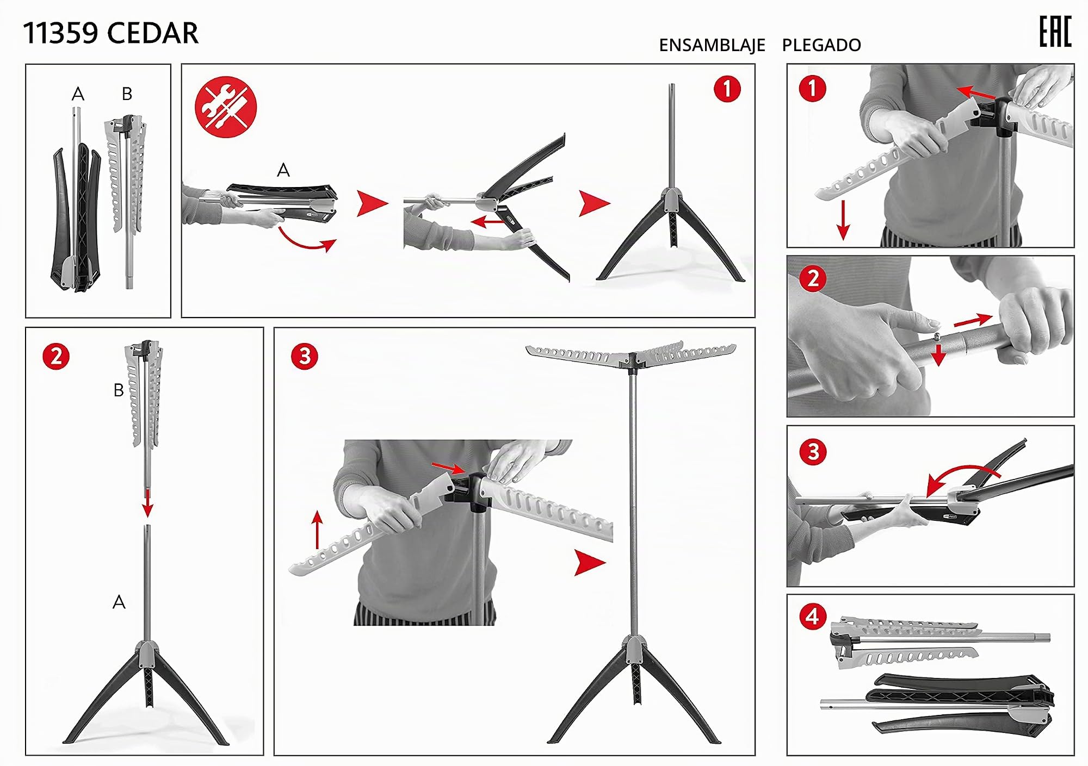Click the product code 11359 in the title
point(60,33)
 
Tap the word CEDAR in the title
point(153,33)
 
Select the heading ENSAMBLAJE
point(712,45)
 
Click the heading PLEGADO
point(821,45)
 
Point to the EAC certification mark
point(1055,32)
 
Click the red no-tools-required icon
point(225,107)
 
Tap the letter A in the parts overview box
point(78,94)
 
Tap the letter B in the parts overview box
point(127,94)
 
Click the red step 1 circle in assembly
point(727,89)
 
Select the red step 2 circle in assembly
point(56,357)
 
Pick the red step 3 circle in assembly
point(305,357)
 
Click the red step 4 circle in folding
point(813,616)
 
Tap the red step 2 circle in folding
point(813,279)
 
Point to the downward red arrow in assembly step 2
point(147,503)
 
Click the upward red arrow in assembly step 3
point(317,530)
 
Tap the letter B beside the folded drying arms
point(119,390)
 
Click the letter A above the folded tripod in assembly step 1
point(283,171)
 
